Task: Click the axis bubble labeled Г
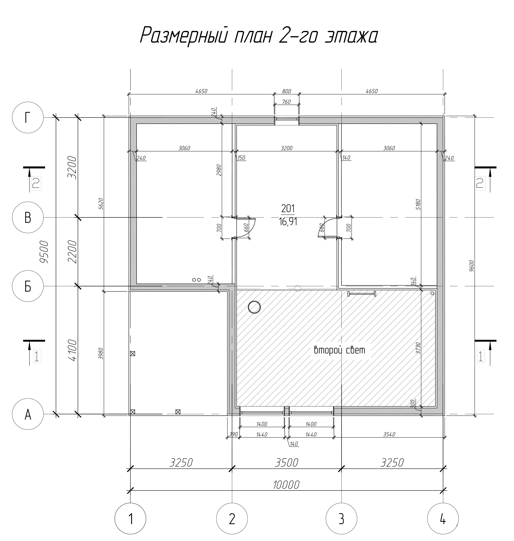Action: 28,118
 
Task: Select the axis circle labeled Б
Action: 28,286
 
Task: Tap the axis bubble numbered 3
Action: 341,519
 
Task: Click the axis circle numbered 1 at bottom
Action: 130,519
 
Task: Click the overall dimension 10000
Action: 286,485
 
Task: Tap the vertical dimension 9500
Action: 44,252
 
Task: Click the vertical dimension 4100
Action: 72,350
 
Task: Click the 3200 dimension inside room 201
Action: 287,148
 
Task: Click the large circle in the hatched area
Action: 254,307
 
